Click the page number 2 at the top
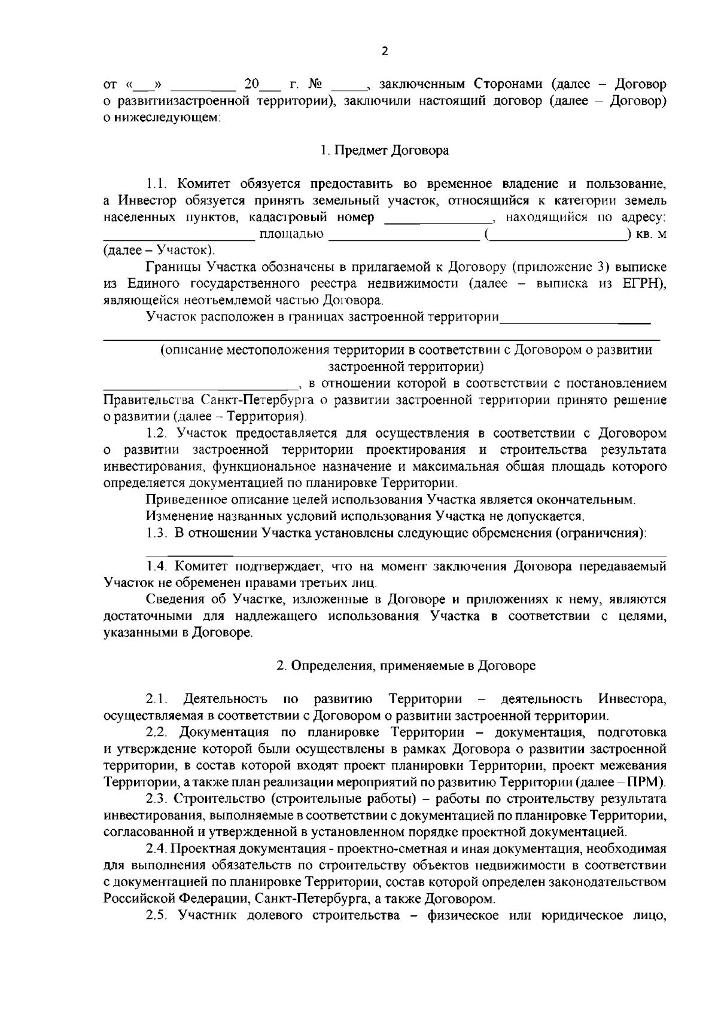pos(385,51)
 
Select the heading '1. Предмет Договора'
pos(384,151)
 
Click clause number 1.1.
pos(159,183)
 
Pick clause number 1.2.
pos(158,432)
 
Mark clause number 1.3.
pos(157,533)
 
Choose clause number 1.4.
pos(159,566)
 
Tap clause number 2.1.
pos(156,699)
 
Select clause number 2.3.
pos(157,799)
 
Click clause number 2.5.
pos(158,915)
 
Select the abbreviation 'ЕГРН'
pos(643,283)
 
